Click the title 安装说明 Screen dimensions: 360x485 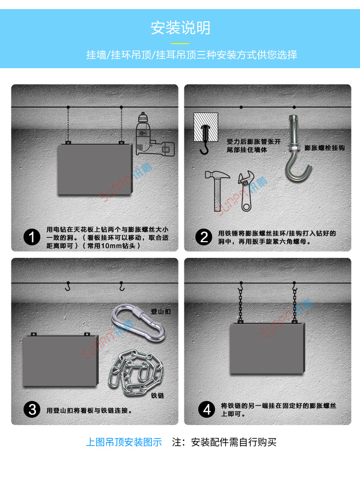pos(180,28)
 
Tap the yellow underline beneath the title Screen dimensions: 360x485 pos(180,43)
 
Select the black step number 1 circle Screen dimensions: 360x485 pos(32,237)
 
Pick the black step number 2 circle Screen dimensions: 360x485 pos(204,237)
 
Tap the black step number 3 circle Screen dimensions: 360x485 pos(32,410)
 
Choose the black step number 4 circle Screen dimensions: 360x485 pos(206,410)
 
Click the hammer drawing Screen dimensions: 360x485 pos(218,191)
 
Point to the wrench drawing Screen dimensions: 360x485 pos(246,191)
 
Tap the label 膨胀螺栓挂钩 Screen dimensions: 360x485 pos(324,148)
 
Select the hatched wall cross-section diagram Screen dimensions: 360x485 pos(205,127)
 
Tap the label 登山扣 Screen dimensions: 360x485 pos(161,312)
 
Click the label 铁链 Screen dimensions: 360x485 pos(157,395)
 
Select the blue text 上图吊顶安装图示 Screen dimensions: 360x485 pos(124,442)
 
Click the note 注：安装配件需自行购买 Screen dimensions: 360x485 pos(224,442)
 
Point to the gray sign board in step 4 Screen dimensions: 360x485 pos(267,349)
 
